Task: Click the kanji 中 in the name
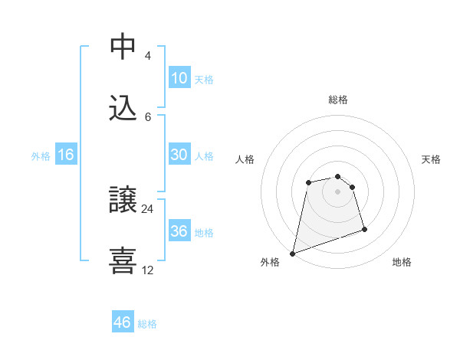pos(123,47)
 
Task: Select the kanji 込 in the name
pos(123,108)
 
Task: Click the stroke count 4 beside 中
pos(147,56)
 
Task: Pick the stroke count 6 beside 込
pos(147,116)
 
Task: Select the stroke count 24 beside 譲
pos(148,208)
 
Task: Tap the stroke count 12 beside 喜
pos(148,270)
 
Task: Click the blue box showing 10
pos(179,78)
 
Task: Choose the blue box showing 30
pos(179,155)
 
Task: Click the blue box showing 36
pos(179,231)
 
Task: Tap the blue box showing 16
pos(66,155)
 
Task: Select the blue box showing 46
pos(123,322)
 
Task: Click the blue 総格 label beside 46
pos(147,324)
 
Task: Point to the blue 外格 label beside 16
pos(41,156)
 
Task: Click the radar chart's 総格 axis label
pos(338,100)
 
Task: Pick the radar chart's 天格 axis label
pos(432,159)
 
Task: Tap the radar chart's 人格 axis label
pos(245,159)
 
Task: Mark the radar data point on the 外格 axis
pos(292,253)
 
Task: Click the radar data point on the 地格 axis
pos(364,229)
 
